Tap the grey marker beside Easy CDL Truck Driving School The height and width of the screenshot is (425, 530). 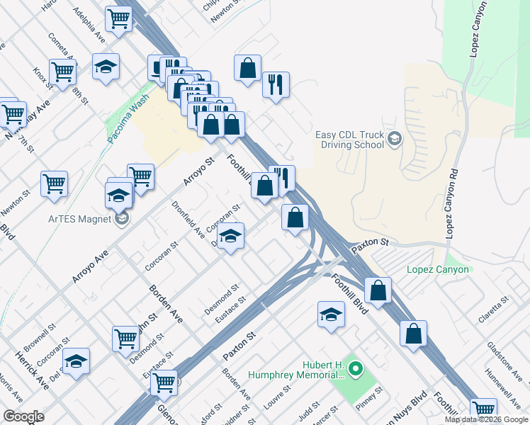(395, 140)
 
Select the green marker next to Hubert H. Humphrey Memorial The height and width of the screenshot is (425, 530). (356, 369)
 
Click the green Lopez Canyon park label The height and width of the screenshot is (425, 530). (438, 270)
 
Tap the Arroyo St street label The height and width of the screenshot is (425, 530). (198, 171)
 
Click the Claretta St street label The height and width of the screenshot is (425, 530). (494, 310)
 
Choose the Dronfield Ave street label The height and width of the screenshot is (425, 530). (188, 218)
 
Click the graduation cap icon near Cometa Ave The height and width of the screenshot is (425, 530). (106, 67)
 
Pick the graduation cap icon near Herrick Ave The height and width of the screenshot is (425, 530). (76, 361)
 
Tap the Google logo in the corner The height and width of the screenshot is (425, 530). (23, 416)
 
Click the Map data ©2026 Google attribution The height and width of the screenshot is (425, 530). (486, 419)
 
